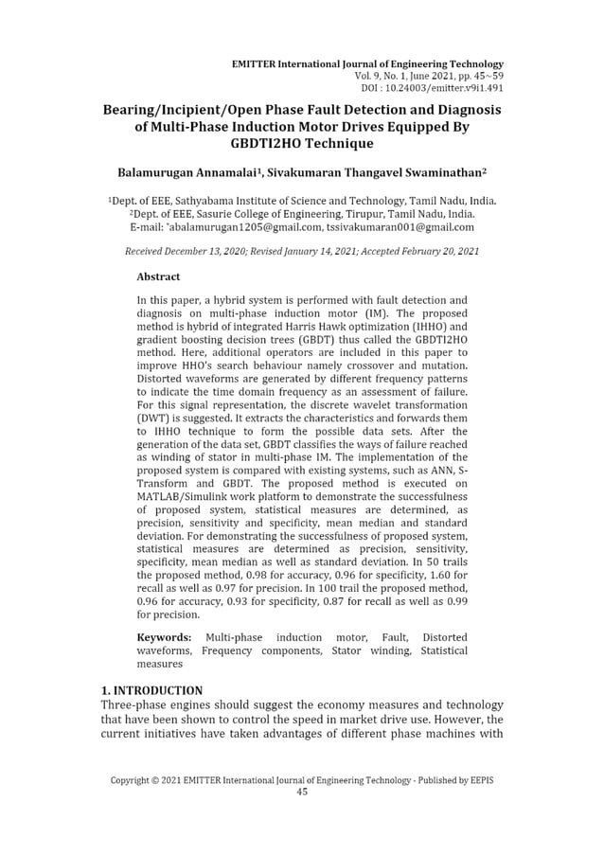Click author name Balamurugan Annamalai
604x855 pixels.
click(x=188, y=175)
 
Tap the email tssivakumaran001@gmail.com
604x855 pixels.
click(x=400, y=227)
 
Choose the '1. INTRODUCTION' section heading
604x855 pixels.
click(x=151, y=690)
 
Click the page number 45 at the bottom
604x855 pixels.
click(x=302, y=793)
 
